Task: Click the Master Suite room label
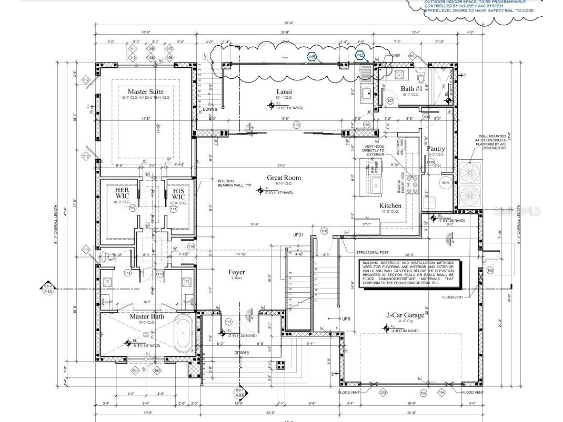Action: (x=145, y=91)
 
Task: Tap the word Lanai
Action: (x=284, y=91)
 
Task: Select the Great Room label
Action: (x=284, y=178)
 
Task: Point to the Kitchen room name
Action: (x=390, y=205)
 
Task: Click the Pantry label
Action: (x=436, y=149)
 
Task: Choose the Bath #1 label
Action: (x=411, y=88)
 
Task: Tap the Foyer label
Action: (x=237, y=272)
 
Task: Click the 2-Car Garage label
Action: (x=405, y=315)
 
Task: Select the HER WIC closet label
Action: (x=122, y=193)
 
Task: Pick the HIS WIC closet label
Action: (x=178, y=193)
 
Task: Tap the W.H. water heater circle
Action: (x=445, y=183)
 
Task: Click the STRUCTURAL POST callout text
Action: (x=374, y=252)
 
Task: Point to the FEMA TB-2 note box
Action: (x=410, y=273)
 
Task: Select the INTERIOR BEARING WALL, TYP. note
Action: (x=232, y=183)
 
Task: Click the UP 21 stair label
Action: (x=298, y=235)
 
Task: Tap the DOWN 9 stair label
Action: (x=210, y=109)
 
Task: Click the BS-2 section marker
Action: (x=48, y=287)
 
